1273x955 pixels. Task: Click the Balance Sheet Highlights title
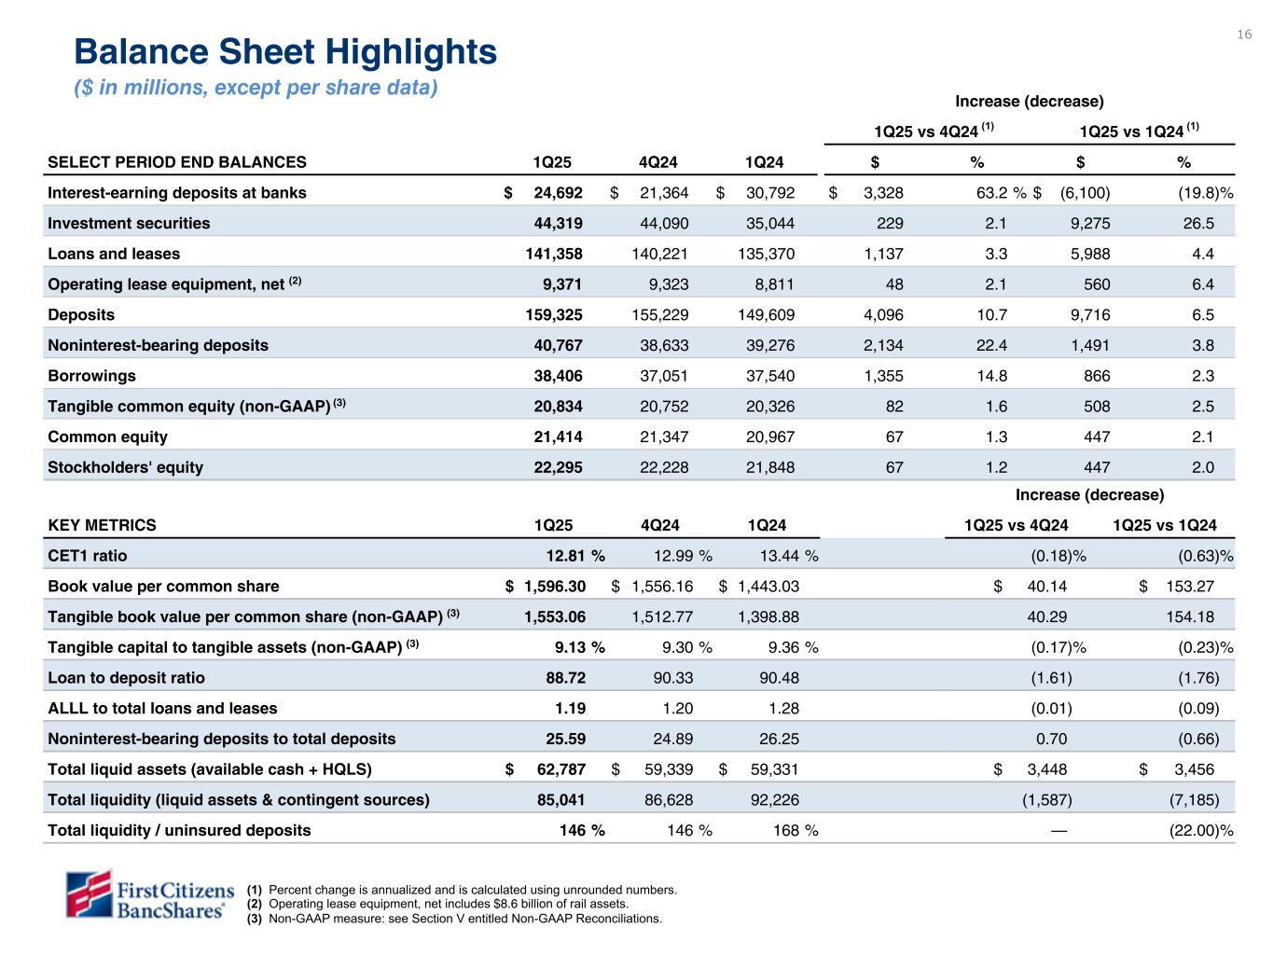285,52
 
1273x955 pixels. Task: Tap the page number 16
1244,35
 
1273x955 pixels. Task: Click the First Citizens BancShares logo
147,894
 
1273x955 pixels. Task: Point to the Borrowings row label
91,376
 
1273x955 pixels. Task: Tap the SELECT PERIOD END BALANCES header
177,162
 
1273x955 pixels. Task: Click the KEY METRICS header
103,525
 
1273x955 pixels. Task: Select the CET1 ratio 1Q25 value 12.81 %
574,556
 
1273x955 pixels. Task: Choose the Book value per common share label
163,587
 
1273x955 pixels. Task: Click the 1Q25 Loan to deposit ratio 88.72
565,678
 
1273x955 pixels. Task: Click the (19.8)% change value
1206,193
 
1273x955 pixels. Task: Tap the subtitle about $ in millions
256,89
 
